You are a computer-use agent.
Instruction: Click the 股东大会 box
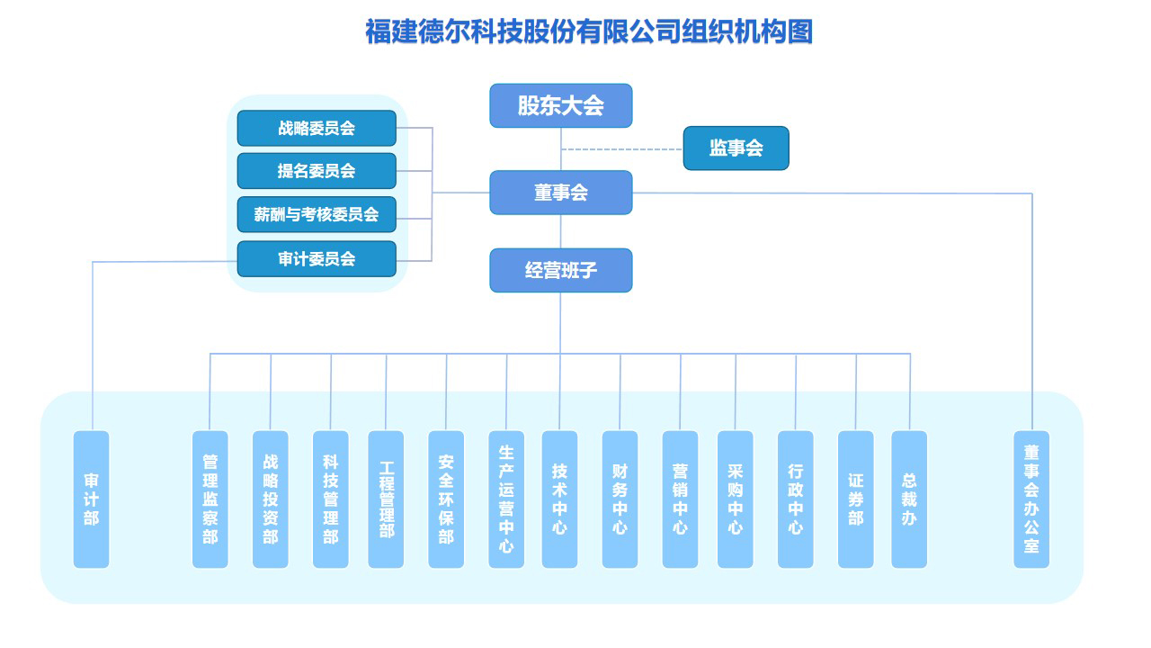pos(560,105)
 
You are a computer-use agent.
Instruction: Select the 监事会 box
pos(736,148)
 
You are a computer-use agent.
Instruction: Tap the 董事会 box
pos(560,193)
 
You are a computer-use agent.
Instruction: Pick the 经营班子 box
pos(560,270)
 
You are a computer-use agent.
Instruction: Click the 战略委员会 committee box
pos(317,128)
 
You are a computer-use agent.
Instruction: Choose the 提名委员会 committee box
pos(317,171)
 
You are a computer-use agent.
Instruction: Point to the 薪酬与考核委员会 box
pos(317,214)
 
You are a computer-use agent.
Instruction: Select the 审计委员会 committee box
pos(317,259)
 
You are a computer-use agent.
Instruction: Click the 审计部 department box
pos(91,499)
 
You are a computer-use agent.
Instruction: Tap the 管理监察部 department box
pos(210,499)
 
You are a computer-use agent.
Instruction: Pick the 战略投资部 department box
pos(270,499)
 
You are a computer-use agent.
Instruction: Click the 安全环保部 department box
pos(446,499)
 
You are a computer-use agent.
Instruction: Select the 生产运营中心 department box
pos(506,499)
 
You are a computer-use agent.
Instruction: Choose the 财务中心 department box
pos(620,499)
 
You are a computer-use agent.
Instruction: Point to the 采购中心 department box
pos(735,499)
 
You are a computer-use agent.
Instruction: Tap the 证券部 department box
pos(855,499)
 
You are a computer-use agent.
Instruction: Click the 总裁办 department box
pos(909,499)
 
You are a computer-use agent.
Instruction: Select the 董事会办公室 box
pos(1031,499)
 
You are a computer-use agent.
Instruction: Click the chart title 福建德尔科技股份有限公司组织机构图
pos(589,31)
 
